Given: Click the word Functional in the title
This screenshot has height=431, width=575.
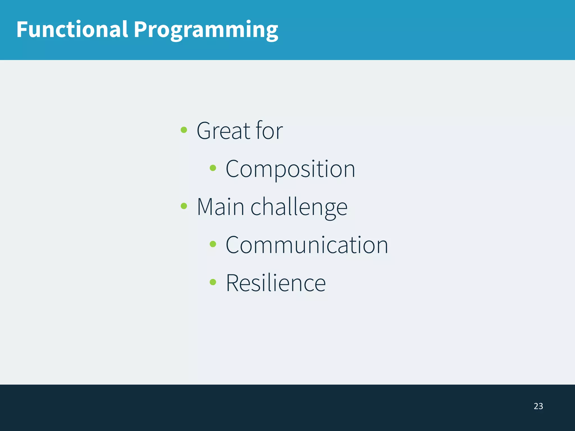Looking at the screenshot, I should tap(72, 29).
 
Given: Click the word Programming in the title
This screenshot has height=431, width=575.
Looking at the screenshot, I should tap(206, 30).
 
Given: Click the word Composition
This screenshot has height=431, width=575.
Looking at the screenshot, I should tap(290, 169).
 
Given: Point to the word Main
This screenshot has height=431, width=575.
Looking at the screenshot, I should tap(220, 207).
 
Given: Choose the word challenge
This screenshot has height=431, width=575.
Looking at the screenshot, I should tap(299, 208).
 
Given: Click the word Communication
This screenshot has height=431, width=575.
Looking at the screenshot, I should tap(307, 245).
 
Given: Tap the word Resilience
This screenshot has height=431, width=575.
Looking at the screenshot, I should tap(276, 283).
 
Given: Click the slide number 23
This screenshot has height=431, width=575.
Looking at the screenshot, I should tap(538, 406).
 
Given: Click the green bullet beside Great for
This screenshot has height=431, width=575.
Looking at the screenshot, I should tap(184, 130).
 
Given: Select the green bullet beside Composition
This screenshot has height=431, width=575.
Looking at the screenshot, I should tap(213, 168).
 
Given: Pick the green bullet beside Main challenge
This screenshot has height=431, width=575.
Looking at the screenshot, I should tap(184, 206).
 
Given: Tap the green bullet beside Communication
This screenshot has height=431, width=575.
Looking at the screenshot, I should tap(213, 244).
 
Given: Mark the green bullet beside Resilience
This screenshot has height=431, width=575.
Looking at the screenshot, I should tap(213, 282).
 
